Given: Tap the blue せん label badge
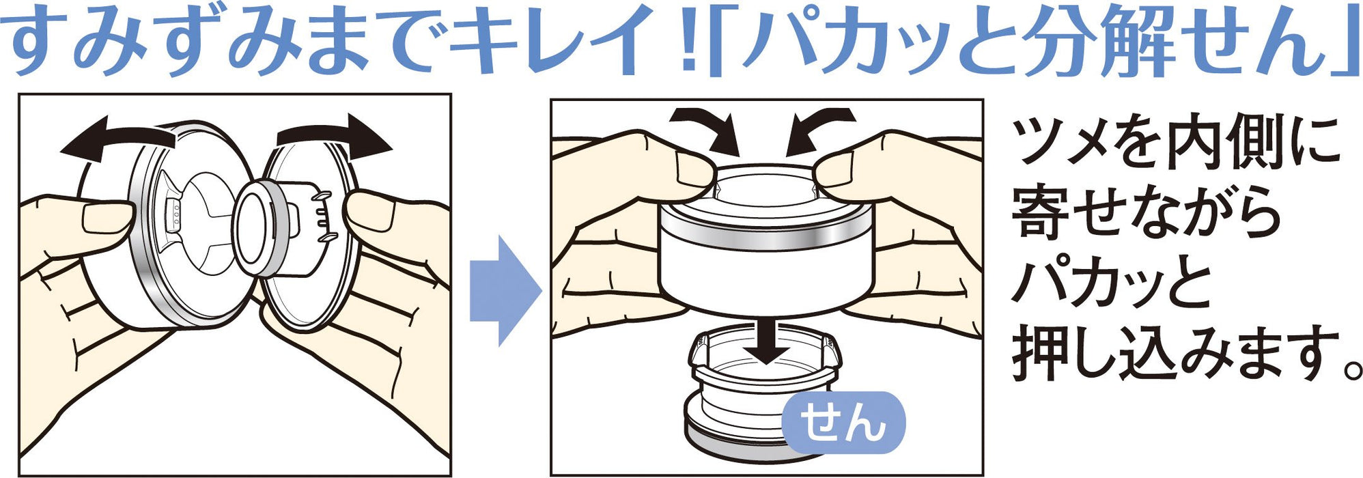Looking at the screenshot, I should pos(843,423).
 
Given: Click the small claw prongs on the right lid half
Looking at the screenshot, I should pos(321,215).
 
